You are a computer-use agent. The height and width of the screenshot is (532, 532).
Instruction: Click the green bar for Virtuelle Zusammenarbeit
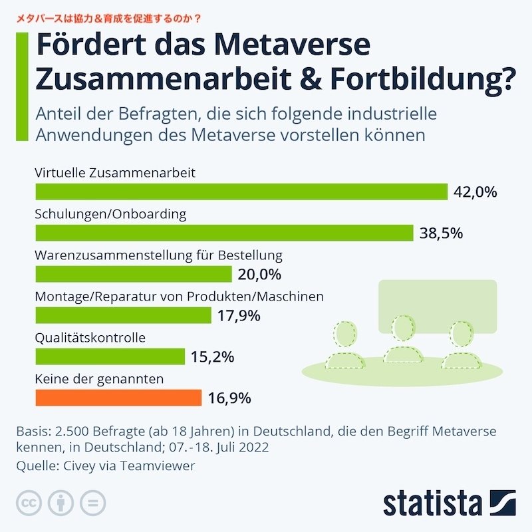[x=241, y=192]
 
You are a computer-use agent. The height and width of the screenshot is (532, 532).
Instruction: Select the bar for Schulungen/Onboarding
[x=224, y=233]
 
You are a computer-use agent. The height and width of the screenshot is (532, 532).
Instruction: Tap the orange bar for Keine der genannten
[x=118, y=398]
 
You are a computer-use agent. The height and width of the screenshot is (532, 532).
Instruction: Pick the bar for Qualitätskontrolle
[x=110, y=356]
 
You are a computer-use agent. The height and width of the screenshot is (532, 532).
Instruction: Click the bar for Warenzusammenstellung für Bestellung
[x=133, y=274]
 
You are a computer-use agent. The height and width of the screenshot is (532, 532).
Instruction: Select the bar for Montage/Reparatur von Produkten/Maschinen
[x=123, y=315]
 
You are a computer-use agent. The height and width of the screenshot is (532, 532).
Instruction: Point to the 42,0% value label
[x=475, y=192]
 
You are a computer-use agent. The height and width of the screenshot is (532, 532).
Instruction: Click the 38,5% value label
[x=441, y=233]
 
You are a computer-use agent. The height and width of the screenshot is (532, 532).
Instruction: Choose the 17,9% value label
[x=239, y=316]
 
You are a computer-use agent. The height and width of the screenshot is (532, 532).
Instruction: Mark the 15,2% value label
[x=212, y=357]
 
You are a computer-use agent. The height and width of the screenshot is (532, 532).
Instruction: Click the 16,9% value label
[x=229, y=398]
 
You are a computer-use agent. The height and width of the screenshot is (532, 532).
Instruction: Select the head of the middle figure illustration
[x=404, y=327]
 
